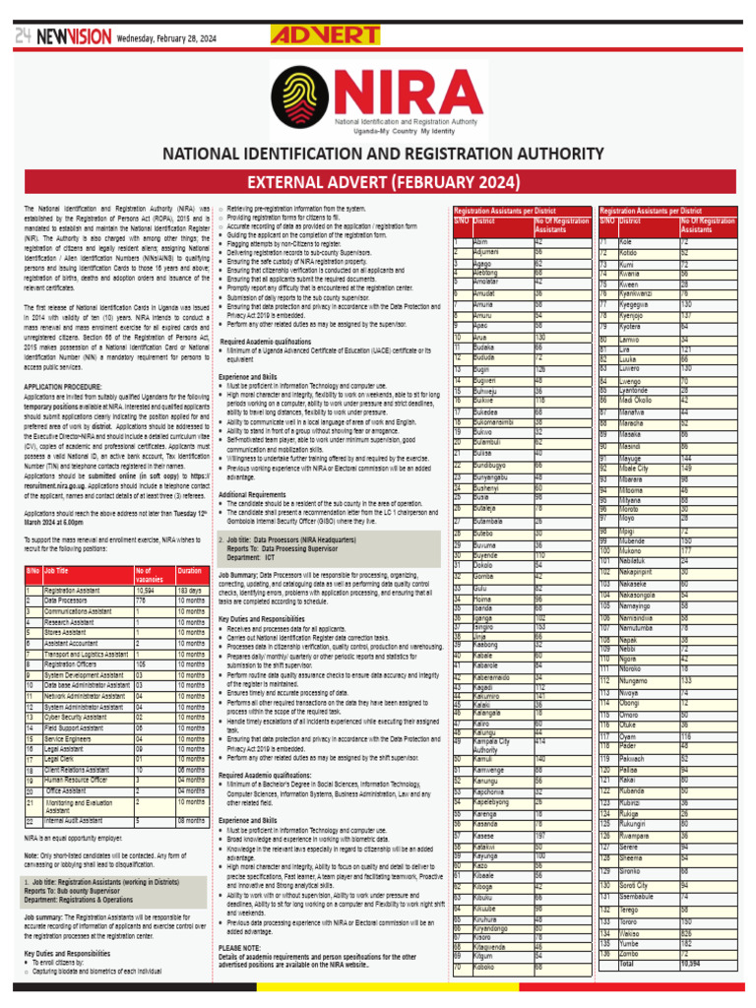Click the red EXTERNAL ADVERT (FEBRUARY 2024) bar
(381, 182)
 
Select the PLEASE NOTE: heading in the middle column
(239, 947)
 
